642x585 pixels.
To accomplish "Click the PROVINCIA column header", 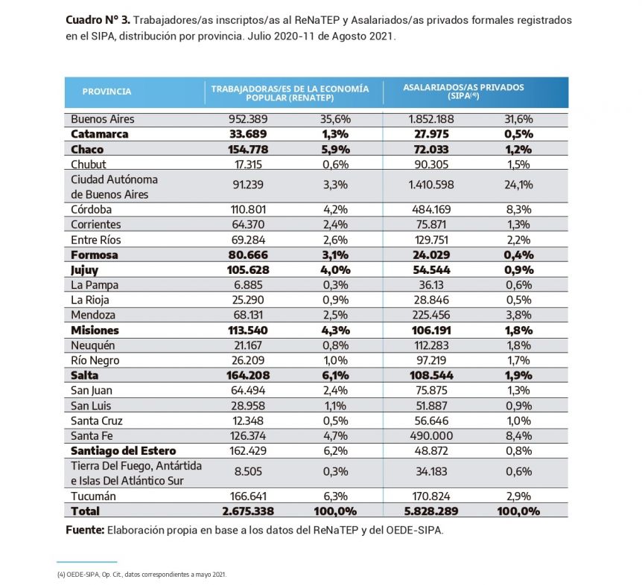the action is [x=107, y=92].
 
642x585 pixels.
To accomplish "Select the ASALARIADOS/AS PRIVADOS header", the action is [x=463, y=87].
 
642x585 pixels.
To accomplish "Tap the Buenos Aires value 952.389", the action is [x=248, y=119].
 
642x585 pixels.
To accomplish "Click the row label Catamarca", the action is [x=100, y=134].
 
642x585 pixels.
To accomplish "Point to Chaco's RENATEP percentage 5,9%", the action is [x=336, y=150].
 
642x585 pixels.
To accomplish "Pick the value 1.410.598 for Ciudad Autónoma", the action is [x=431, y=185].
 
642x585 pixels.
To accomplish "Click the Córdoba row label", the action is [x=92, y=209].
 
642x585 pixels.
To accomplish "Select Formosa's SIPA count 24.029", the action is [x=431, y=255].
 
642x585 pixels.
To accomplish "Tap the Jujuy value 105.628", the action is [x=248, y=270].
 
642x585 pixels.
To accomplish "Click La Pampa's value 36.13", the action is [x=431, y=285].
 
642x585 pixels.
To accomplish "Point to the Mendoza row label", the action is [x=93, y=315].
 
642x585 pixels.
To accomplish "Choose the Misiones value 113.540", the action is [x=248, y=330].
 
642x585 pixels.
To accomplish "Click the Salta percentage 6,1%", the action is [x=336, y=375].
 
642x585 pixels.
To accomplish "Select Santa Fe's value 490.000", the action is [x=431, y=435].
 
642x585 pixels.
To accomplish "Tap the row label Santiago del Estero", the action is [x=123, y=451].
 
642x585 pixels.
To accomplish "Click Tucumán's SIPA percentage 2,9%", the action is [x=519, y=496].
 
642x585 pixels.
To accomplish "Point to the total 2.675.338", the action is [x=248, y=511].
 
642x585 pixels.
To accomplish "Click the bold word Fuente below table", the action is [x=85, y=530].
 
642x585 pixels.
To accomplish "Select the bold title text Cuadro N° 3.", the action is [x=98, y=20].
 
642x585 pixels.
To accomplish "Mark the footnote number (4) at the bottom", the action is [x=61, y=575].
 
